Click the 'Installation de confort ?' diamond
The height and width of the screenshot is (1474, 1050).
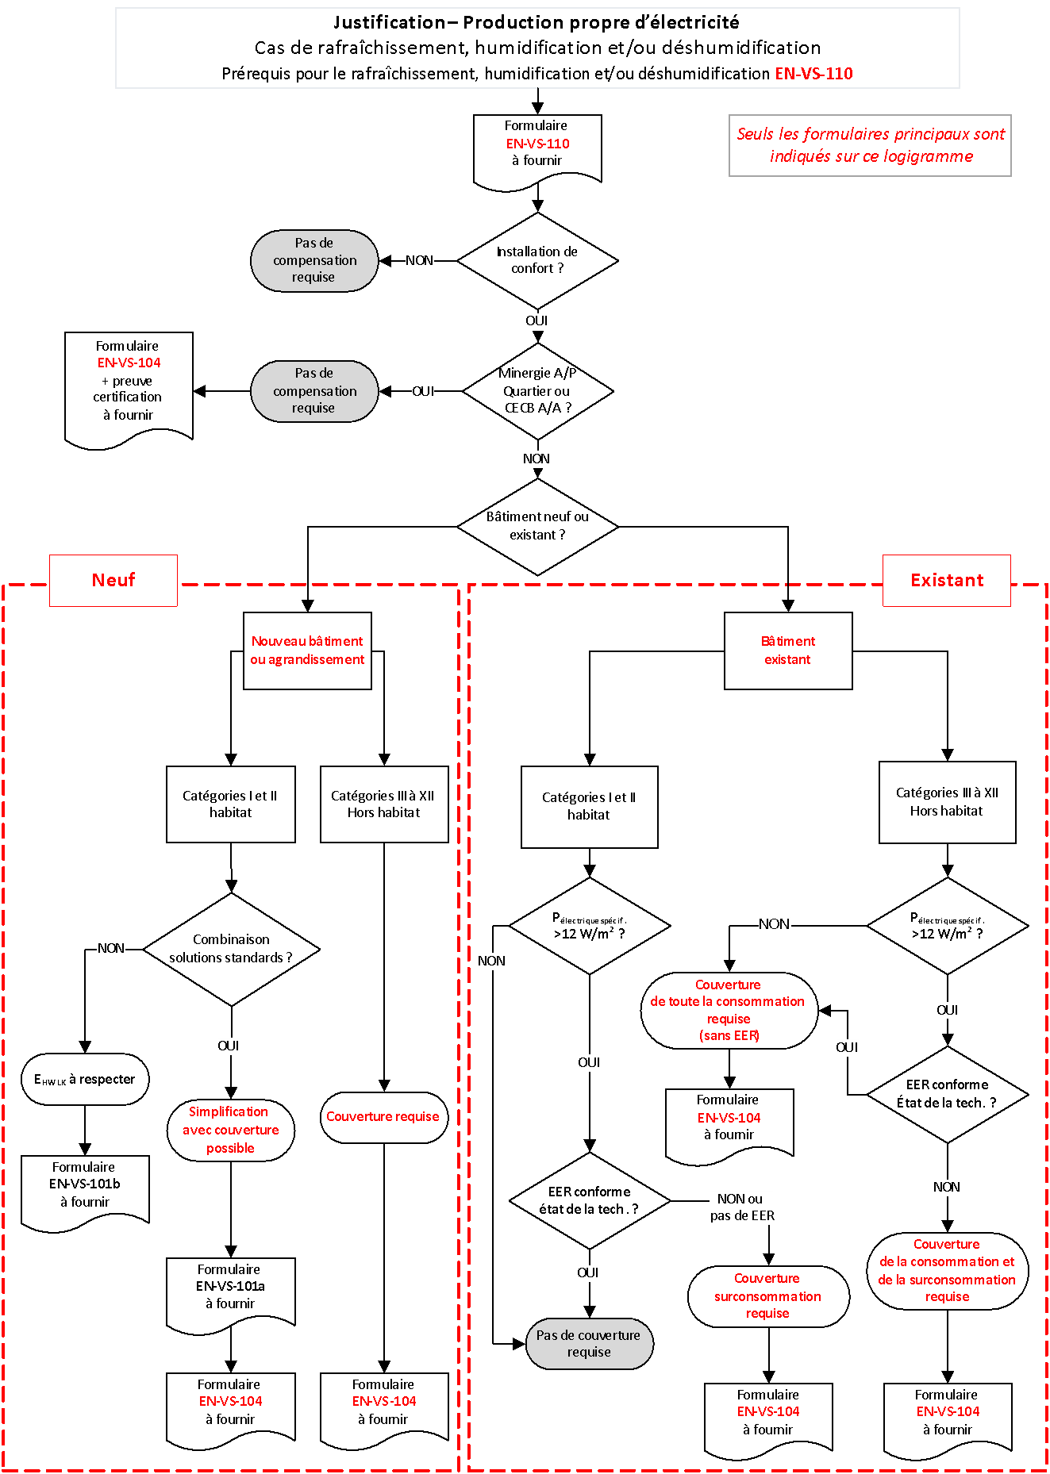click(x=537, y=260)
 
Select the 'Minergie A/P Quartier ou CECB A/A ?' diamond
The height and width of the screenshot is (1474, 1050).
click(x=537, y=390)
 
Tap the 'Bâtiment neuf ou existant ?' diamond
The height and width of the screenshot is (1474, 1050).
click(x=537, y=526)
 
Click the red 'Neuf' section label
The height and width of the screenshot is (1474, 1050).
click(x=113, y=580)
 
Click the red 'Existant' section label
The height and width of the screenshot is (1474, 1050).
click(x=946, y=580)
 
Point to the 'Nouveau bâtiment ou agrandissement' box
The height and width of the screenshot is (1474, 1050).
click(x=307, y=651)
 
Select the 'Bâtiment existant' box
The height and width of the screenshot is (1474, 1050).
click(x=788, y=651)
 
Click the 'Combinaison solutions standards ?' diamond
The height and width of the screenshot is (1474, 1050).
click(x=231, y=949)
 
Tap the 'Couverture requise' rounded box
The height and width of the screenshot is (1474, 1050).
click(x=383, y=1117)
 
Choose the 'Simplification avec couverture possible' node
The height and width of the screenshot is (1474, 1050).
click(x=231, y=1130)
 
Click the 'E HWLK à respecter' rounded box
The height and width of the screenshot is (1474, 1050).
click(x=85, y=1079)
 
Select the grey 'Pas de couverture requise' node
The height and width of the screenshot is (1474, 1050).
click(x=589, y=1344)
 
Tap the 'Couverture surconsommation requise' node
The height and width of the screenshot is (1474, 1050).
click(x=767, y=1296)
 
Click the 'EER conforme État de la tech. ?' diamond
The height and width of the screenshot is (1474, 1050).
click(x=947, y=1094)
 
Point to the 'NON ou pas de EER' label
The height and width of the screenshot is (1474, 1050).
click(x=741, y=1207)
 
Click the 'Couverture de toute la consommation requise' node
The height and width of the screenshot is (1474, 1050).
click(x=729, y=1010)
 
